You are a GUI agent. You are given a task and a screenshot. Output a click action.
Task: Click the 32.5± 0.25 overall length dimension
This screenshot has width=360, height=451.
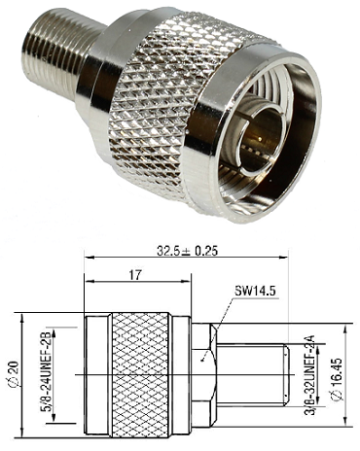[187, 251]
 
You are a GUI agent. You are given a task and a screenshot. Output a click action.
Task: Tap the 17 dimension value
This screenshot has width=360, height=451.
[135, 275]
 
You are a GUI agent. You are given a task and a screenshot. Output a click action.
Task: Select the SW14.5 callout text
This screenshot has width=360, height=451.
[255, 292]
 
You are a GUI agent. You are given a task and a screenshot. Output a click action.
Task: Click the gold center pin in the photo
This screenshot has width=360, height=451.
[261, 140]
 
